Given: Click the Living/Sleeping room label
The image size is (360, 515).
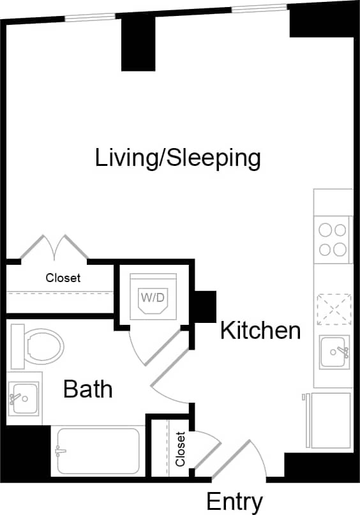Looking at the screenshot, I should (x=178, y=158).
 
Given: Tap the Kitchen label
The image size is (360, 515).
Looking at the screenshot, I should (x=260, y=331).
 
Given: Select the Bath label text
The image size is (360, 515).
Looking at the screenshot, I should (x=88, y=389).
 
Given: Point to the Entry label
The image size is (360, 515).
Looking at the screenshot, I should (x=234, y=502).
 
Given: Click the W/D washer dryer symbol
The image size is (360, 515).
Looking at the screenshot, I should (x=153, y=297).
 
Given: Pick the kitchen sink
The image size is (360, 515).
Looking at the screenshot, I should (x=335, y=352).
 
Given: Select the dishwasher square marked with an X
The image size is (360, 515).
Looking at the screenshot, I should (x=334, y=309).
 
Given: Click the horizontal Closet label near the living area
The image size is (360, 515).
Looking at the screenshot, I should (x=63, y=278).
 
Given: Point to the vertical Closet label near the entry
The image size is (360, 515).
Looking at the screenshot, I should (x=181, y=449).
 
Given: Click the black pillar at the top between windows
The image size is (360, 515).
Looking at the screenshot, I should (x=139, y=42).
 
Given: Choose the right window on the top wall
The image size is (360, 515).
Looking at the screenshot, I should (x=259, y=9).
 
